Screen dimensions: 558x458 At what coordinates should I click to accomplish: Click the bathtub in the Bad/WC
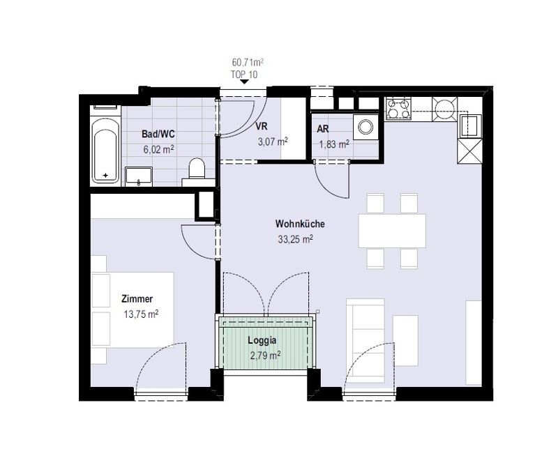point(105,151)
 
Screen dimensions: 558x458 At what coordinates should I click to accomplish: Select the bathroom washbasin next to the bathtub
point(139,176)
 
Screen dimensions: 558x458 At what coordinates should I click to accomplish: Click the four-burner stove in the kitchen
point(398,108)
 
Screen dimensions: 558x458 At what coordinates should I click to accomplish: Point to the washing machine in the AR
point(365,127)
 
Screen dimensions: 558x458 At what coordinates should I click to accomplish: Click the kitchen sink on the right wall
point(469,125)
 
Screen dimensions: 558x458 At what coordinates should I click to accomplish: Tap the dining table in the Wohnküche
point(392,231)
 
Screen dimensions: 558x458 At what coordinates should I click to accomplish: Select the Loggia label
point(262,340)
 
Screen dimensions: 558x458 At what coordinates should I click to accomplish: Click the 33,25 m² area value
point(295,239)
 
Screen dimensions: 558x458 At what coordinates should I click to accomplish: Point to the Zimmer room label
point(137,298)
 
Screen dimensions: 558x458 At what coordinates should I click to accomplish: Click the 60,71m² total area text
point(248,63)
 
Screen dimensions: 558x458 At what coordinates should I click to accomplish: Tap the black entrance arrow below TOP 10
point(244,82)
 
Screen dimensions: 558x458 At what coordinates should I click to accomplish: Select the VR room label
point(261,126)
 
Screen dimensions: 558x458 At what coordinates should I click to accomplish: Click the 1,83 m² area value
point(333,144)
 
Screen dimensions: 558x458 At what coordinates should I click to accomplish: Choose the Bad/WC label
point(158,134)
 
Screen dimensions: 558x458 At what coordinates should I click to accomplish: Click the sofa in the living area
point(365,340)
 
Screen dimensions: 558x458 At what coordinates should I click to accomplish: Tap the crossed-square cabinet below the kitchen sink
point(469,151)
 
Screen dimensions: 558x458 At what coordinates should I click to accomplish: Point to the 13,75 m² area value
point(141,314)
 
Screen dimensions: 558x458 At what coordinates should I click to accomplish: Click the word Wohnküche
point(300,224)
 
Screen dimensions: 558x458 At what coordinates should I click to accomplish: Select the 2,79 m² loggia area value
point(265,356)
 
